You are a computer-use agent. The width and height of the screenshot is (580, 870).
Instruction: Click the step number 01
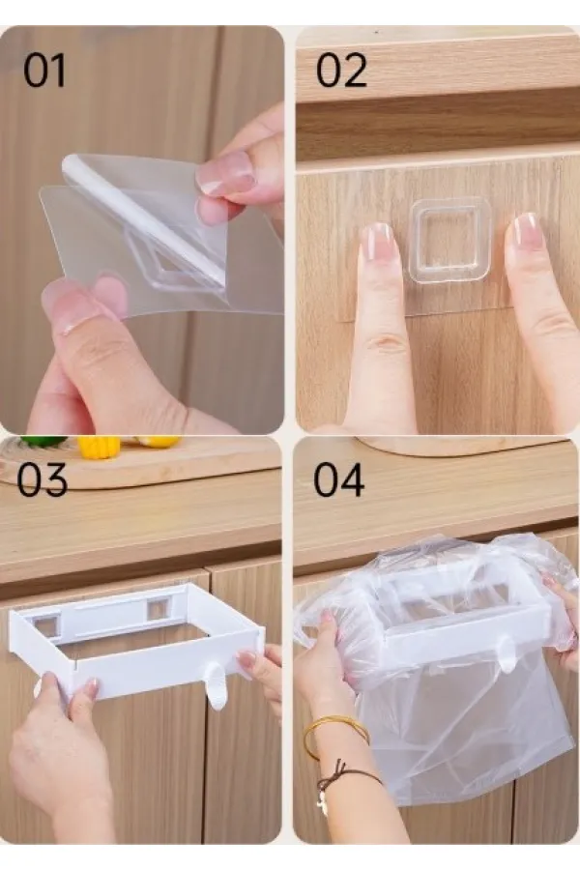coord(44,71)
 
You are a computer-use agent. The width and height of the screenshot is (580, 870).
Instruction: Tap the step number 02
coord(341,71)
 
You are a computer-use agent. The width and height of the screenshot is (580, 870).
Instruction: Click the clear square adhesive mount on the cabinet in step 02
coord(450,242)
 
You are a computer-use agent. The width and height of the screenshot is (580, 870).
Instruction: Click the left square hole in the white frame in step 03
coord(46,625)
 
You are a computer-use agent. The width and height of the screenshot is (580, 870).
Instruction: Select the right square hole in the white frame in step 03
coord(158,609)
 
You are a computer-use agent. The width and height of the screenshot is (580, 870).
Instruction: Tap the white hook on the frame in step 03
coord(216,688)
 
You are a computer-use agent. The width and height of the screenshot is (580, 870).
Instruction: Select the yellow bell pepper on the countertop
coord(99,446)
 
